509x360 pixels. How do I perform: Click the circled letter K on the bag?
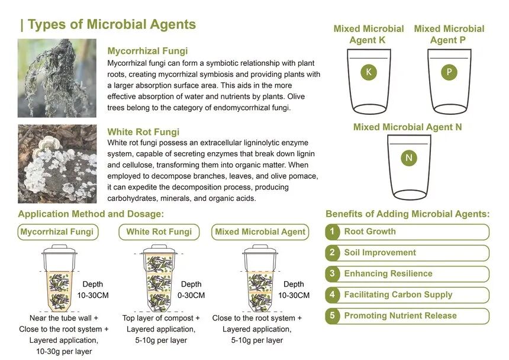click(x=369, y=72)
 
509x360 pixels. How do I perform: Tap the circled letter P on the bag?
click(x=449, y=72)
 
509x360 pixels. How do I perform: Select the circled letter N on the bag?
click(x=408, y=157)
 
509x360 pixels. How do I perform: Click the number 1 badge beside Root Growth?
click(x=333, y=232)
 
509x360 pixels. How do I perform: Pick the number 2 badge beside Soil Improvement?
click(x=333, y=253)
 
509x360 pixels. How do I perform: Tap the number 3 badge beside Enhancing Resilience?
click(x=333, y=274)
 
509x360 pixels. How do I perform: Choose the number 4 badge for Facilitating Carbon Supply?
click(x=333, y=295)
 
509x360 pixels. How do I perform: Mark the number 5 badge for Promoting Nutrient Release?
click(x=333, y=316)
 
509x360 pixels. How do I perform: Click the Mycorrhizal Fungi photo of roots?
click(x=57, y=78)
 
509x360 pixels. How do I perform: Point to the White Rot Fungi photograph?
click(x=57, y=163)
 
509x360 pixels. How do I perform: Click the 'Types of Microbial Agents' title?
click(x=108, y=25)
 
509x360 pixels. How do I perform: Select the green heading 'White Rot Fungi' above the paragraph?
click(x=143, y=132)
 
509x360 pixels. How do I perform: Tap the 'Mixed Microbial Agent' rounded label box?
click(x=260, y=232)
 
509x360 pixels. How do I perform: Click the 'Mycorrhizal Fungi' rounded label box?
click(x=57, y=232)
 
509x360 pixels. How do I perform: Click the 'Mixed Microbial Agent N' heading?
click(x=408, y=127)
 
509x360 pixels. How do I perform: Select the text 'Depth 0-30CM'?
click(x=191, y=290)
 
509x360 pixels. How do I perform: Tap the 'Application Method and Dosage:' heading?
click(x=91, y=214)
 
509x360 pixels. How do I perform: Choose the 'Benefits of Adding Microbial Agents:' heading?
click(x=408, y=214)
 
